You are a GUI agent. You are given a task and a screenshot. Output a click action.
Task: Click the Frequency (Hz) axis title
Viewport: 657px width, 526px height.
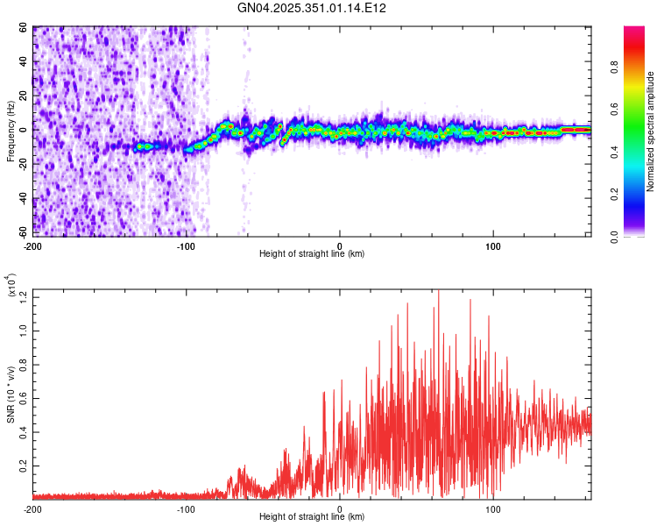pyautogui.click(x=11, y=131)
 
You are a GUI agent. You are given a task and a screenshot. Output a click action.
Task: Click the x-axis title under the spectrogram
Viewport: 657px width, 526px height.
pyautogui.click(x=312, y=253)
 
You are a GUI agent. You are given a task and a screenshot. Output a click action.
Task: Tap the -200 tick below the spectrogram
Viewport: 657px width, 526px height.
pyautogui.click(x=33, y=245)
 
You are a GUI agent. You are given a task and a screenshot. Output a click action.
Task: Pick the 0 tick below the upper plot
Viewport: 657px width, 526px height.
pyautogui.click(x=340, y=245)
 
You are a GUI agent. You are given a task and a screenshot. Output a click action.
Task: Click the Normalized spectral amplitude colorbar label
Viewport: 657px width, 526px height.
pyautogui.click(x=650, y=131)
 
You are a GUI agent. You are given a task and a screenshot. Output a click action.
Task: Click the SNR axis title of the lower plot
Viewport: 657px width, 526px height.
pyautogui.click(x=11, y=394)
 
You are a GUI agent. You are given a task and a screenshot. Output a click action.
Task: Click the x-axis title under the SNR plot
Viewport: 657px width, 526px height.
pyautogui.click(x=312, y=517)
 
